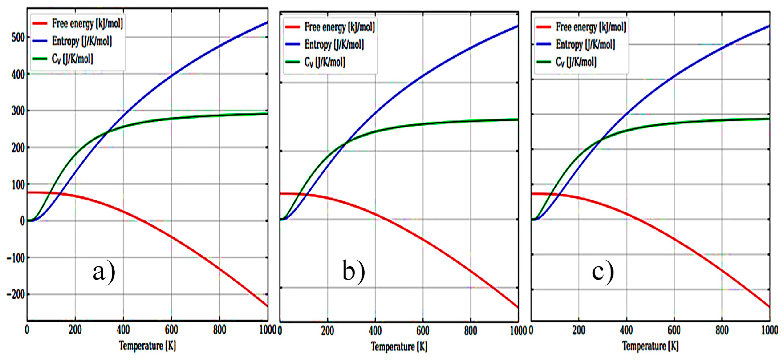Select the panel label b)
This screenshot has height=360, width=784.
(353, 272)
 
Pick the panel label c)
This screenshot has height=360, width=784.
(603, 272)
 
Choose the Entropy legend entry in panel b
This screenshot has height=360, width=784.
(334, 45)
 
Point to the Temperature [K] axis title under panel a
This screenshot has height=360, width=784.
(147, 346)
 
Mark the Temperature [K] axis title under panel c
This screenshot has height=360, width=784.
(650, 346)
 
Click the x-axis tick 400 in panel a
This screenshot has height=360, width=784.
(123, 330)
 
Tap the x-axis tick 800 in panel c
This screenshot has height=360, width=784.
(722, 330)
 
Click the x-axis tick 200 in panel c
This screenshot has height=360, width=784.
(579, 330)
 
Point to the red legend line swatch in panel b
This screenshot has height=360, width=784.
(292, 27)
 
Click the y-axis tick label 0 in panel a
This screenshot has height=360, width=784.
(22, 221)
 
